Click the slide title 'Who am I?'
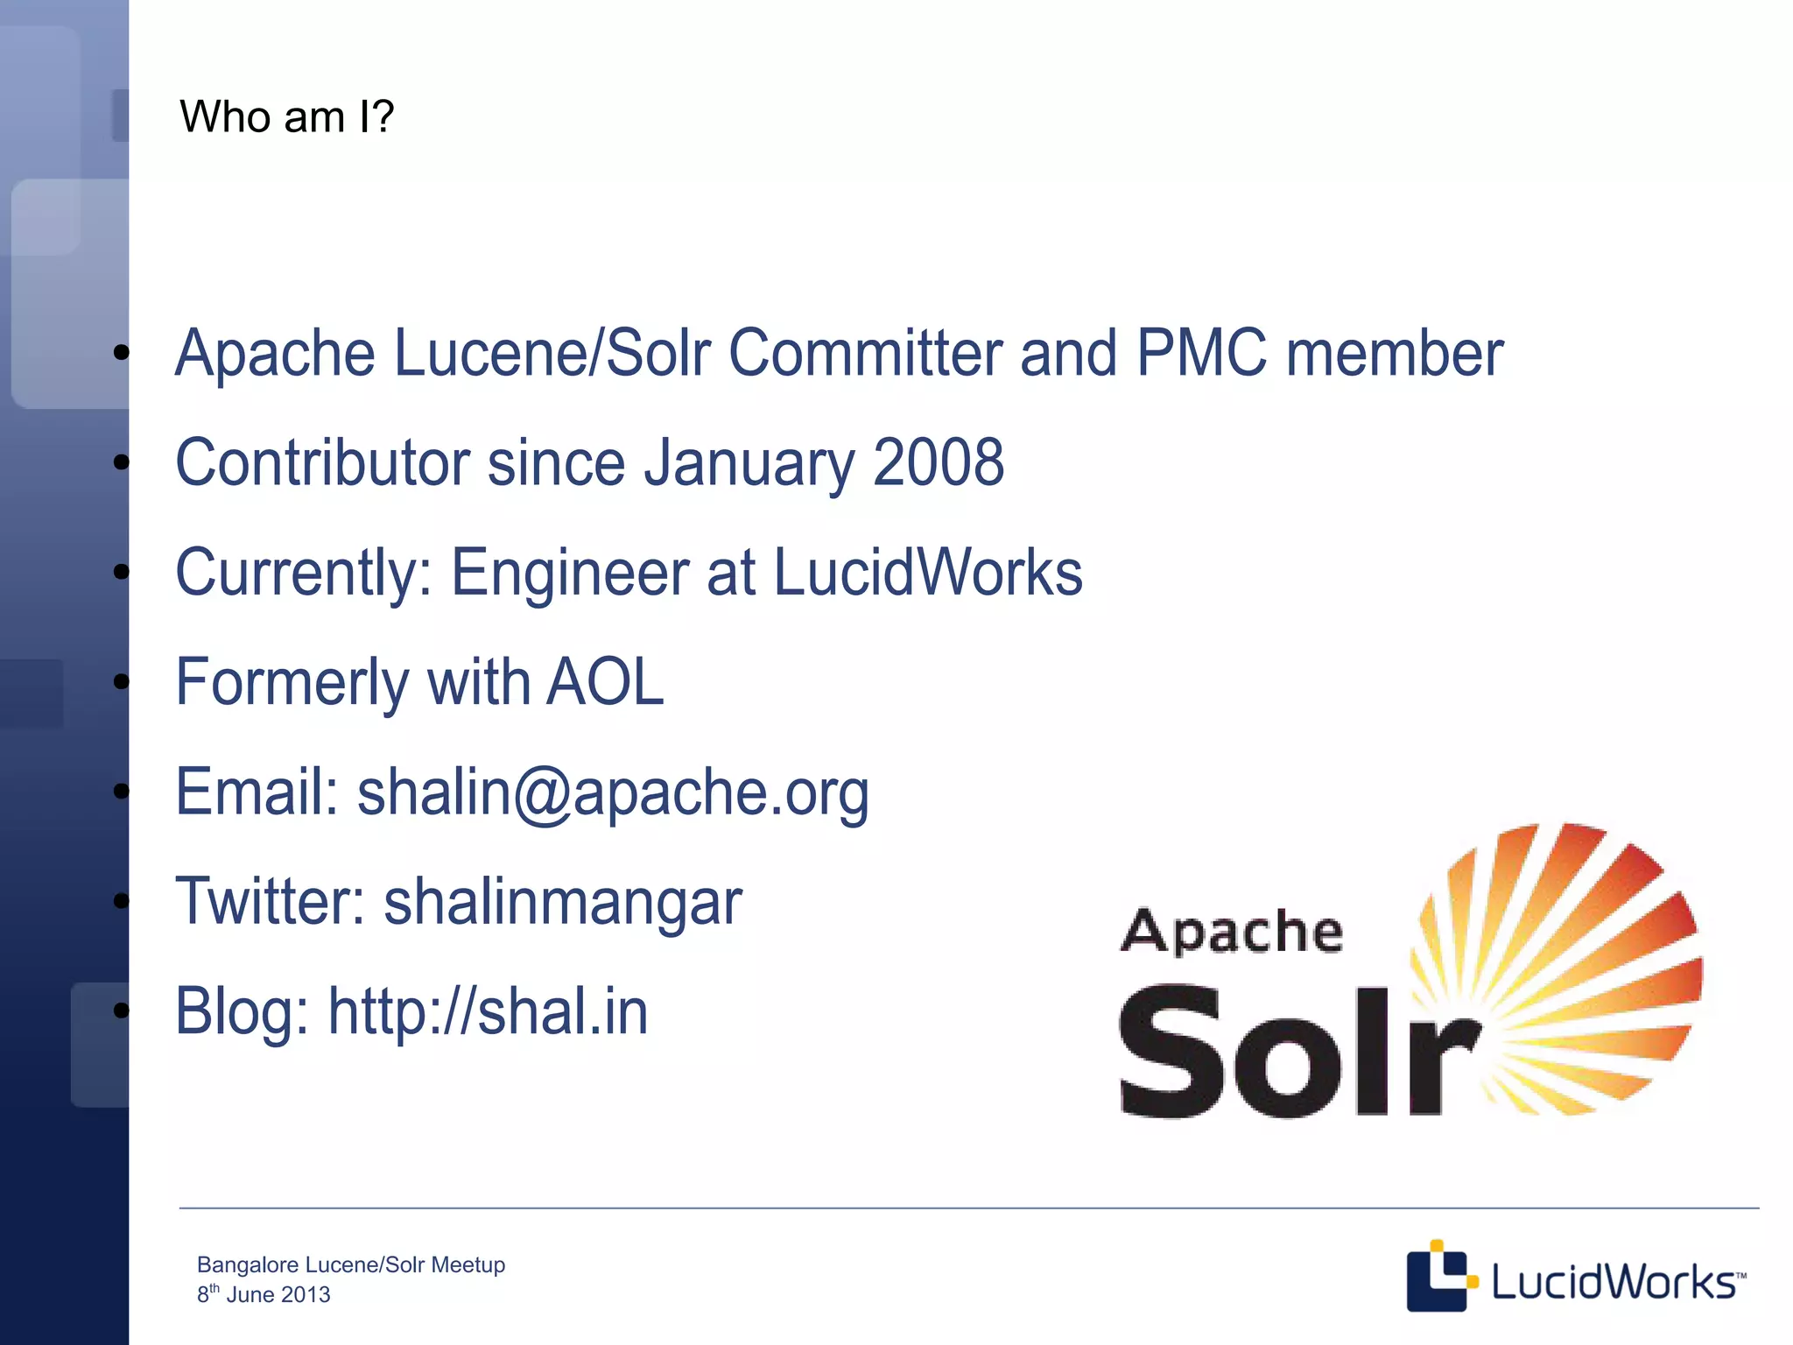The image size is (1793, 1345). [286, 116]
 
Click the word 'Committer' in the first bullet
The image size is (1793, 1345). [865, 353]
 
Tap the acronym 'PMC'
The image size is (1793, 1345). [1201, 353]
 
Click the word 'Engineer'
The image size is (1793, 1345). [569, 573]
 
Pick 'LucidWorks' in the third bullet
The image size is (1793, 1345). [928, 573]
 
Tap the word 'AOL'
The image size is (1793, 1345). [605, 682]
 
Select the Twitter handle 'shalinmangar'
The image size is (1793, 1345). [563, 902]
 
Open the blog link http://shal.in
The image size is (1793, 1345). [488, 1011]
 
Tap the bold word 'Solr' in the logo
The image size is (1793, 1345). [1296, 1051]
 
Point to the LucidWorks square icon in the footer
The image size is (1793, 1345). [1438, 1277]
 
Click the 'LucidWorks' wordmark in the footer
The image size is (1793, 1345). [1614, 1282]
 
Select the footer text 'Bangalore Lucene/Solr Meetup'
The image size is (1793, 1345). [351, 1264]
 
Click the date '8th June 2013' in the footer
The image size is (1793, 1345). [264, 1294]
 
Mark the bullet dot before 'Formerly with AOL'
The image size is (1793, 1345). [121, 682]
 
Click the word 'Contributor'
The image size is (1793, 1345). [322, 462]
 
